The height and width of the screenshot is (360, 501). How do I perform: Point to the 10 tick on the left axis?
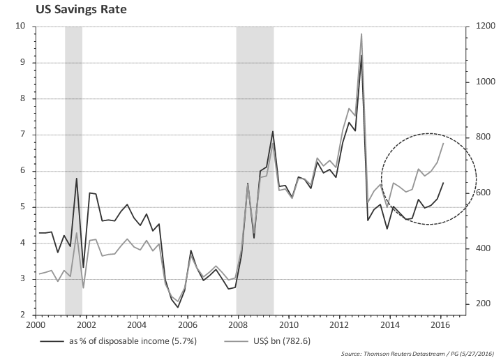[21, 27]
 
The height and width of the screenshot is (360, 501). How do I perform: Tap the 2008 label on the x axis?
[238, 325]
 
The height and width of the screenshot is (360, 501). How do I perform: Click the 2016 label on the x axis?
[440, 325]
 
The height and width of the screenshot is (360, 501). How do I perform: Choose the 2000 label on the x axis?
[36, 325]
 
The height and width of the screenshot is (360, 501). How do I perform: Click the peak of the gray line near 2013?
[361, 33]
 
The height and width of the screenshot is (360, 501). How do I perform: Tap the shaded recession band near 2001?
[73, 171]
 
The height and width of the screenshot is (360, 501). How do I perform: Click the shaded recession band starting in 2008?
[254, 171]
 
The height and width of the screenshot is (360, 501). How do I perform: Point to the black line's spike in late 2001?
[76, 179]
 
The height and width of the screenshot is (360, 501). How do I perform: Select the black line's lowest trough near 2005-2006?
[177, 307]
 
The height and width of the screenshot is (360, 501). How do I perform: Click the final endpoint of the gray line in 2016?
[443, 143]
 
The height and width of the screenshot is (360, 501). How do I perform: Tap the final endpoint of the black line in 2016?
[443, 183]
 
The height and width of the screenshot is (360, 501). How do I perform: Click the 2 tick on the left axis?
[23, 315]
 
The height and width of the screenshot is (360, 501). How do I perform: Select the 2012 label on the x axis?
[339, 325]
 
